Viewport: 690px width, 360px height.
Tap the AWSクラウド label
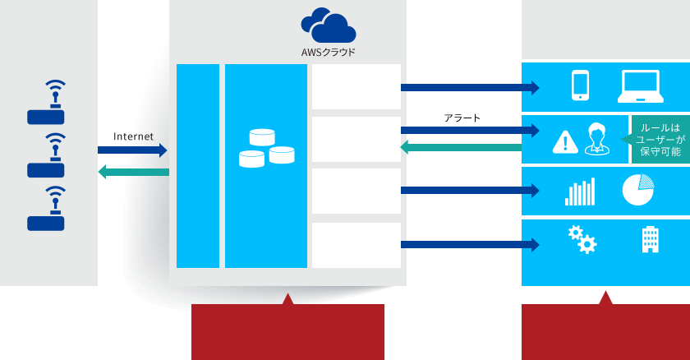point(329,53)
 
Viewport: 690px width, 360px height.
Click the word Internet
point(133,136)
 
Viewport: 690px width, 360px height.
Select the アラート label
point(462,118)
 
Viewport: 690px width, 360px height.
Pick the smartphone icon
point(580,85)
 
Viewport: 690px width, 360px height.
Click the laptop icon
point(640,85)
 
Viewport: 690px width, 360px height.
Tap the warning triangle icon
point(564,141)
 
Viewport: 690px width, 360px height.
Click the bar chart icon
point(579,192)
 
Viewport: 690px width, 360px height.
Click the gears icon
point(582,239)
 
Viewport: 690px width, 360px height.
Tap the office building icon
point(650,240)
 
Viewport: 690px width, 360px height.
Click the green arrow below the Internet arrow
point(133,172)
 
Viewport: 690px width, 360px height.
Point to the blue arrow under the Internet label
point(132,150)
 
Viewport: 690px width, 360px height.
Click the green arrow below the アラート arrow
point(461,147)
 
